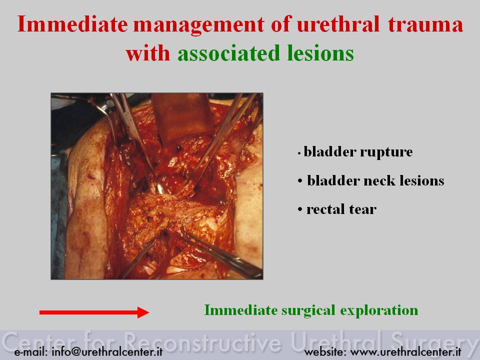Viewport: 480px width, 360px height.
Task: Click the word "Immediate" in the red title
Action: point(72,24)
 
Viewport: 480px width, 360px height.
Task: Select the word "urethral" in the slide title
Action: point(338,24)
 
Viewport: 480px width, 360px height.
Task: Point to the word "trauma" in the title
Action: point(425,24)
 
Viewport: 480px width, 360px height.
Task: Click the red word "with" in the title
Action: point(148,53)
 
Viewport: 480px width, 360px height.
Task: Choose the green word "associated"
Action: point(228,53)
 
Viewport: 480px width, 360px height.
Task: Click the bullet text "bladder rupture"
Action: point(358,152)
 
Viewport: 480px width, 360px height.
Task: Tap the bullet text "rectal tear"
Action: point(341,209)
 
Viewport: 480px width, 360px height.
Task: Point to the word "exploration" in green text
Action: point(379,310)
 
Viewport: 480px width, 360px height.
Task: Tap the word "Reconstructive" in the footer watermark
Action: point(202,341)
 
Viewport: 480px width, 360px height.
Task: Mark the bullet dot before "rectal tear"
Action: point(300,210)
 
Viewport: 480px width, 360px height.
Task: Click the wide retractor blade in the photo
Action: point(183,118)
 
